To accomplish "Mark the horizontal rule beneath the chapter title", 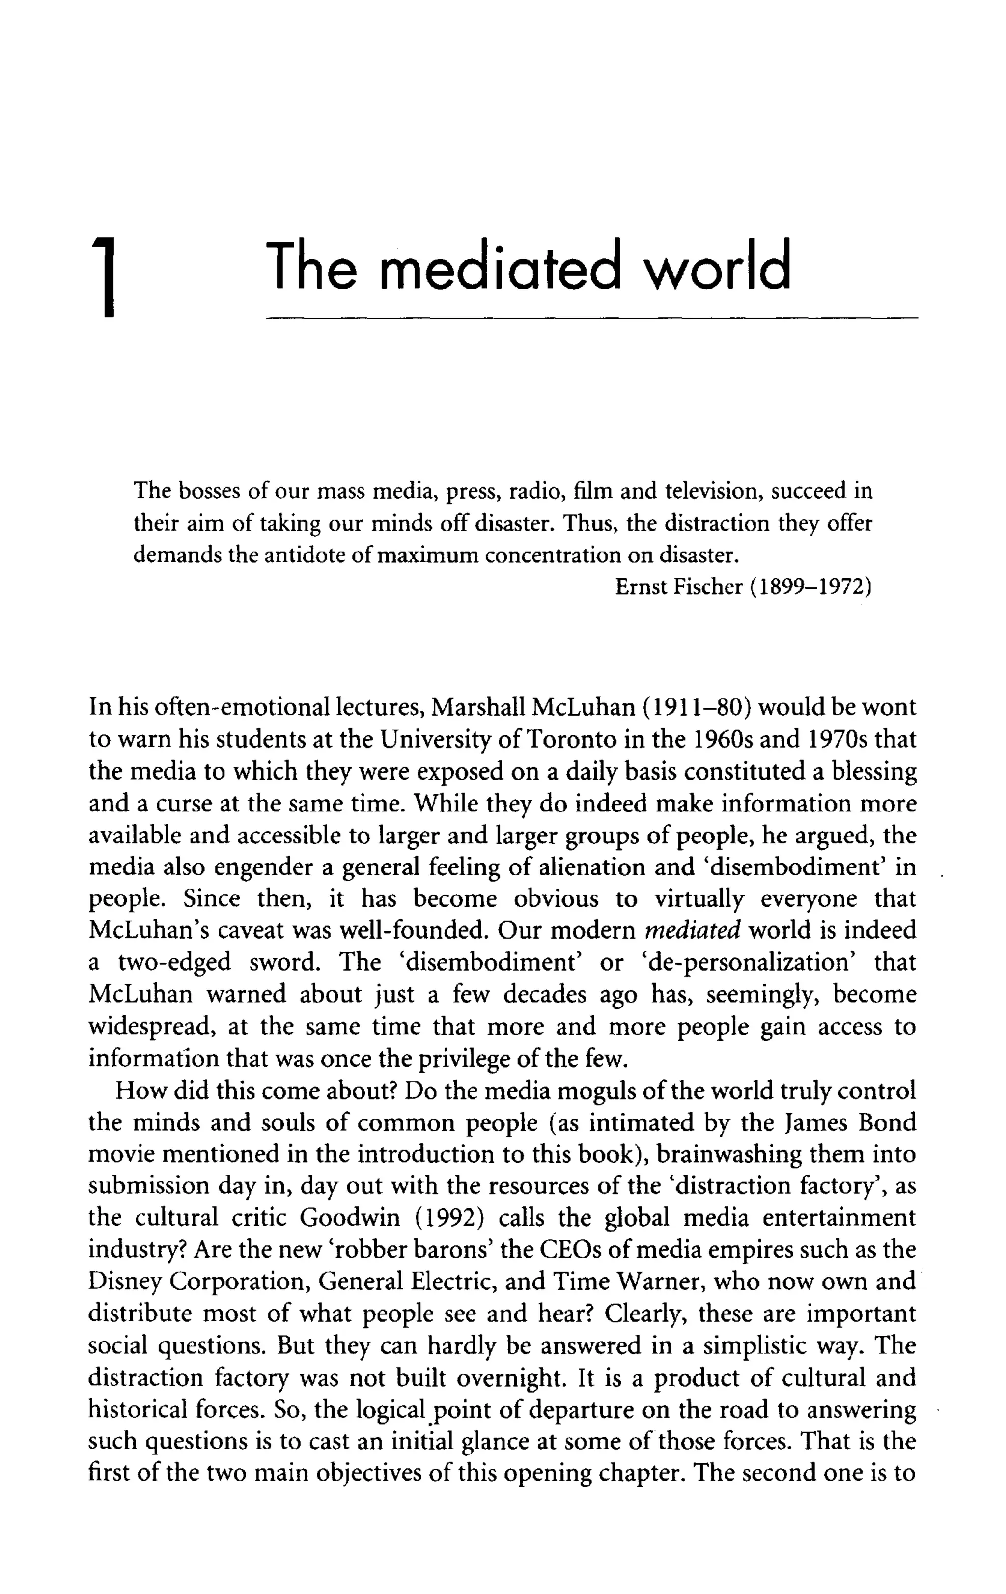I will coord(591,319).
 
